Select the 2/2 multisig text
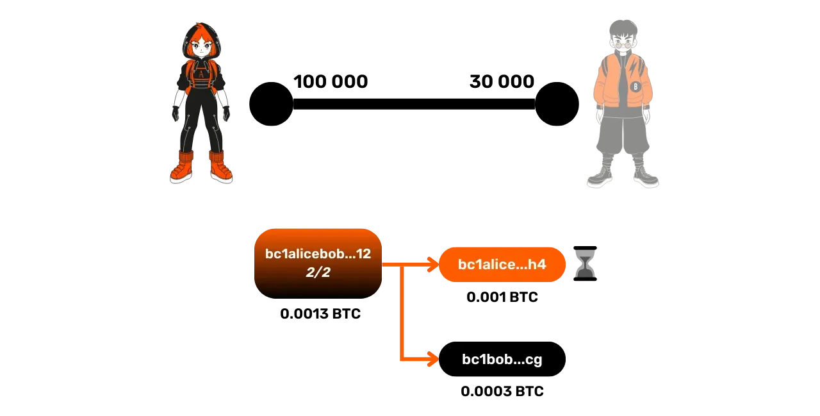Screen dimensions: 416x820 click(x=318, y=272)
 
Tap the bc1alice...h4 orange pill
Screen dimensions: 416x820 click(x=502, y=264)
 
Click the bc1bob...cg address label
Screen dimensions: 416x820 click(x=502, y=360)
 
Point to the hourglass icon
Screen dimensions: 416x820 click(x=586, y=264)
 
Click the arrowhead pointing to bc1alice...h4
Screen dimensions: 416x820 click(x=431, y=263)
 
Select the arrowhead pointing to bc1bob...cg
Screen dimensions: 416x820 click(x=431, y=360)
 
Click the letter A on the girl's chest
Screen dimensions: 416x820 click(x=202, y=74)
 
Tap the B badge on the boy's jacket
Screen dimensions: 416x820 click(x=635, y=86)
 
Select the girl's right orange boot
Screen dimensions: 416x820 click(x=220, y=168)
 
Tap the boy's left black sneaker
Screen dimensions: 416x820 click(x=600, y=178)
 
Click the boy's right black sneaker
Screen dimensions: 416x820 click(x=645, y=178)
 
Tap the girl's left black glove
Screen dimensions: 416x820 click(x=175, y=114)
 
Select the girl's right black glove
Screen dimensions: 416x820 click(x=225, y=114)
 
